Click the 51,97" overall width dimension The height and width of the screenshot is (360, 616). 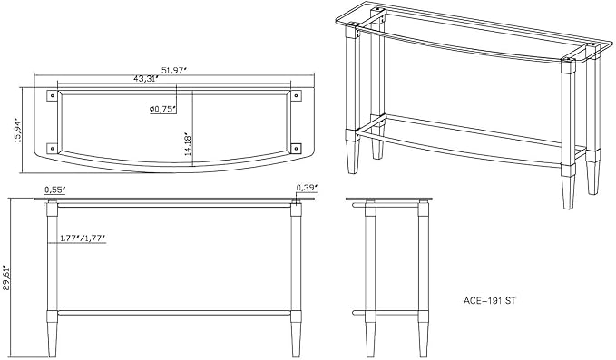[173, 70]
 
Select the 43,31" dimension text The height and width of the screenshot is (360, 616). [145, 79]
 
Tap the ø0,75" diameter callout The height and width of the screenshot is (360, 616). [162, 109]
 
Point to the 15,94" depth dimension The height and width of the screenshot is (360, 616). [17, 130]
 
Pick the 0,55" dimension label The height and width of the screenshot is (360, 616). [54, 190]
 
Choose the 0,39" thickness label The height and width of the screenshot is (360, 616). [307, 188]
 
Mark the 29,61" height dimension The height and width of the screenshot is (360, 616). [6, 277]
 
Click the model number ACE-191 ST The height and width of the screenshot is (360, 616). [489, 301]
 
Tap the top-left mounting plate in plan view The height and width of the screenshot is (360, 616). [52, 96]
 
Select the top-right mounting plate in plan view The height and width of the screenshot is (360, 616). [297, 96]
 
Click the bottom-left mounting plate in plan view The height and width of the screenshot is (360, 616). [52, 148]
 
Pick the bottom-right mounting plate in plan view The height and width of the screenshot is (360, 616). [297, 148]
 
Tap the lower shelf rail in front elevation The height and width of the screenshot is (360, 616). [174, 313]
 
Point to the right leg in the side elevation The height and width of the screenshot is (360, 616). [423, 279]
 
